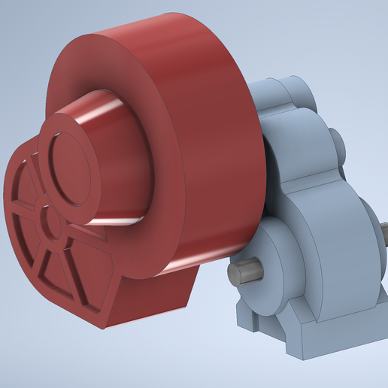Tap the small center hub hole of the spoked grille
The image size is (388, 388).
[x=51, y=223]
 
